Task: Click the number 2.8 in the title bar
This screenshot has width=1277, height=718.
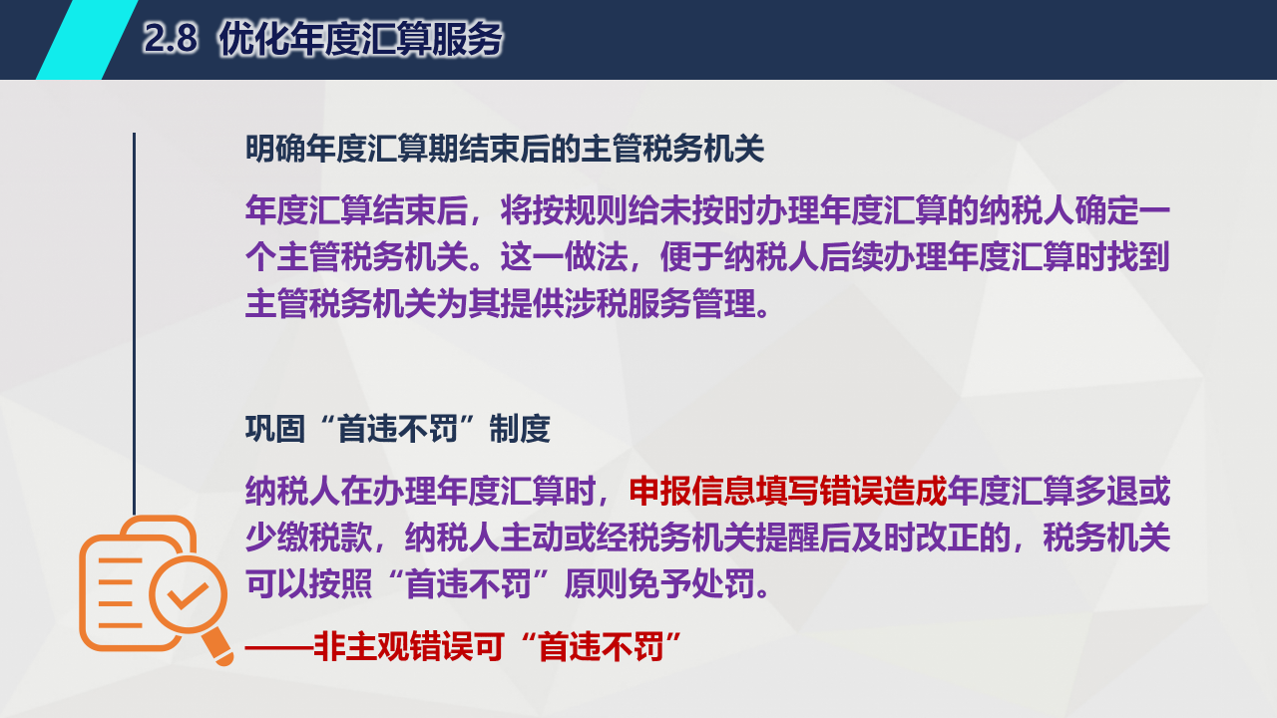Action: (x=170, y=39)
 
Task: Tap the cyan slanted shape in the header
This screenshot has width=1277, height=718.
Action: (x=87, y=39)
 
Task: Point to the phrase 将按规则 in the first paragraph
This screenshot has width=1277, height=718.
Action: (x=564, y=210)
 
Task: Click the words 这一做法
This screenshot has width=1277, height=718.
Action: (x=564, y=257)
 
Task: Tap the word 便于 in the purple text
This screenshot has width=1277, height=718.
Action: (x=691, y=257)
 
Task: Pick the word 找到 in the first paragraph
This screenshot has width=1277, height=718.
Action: (x=1138, y=257)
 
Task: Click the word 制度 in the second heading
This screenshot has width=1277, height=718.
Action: (x=520, y=429)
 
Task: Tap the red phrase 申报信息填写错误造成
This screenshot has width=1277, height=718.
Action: (x=787, y=491)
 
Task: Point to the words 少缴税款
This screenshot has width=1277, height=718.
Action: (x=309, y=538)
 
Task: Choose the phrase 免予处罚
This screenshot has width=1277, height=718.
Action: (x=691, y=584)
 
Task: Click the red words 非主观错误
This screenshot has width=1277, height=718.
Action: (x=393, y=647)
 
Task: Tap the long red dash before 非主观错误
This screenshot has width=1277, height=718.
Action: (x=279, y=648)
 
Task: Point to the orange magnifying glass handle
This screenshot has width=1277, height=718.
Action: (x=217, y=647)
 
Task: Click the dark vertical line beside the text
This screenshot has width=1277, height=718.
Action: (x=134, y=324)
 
